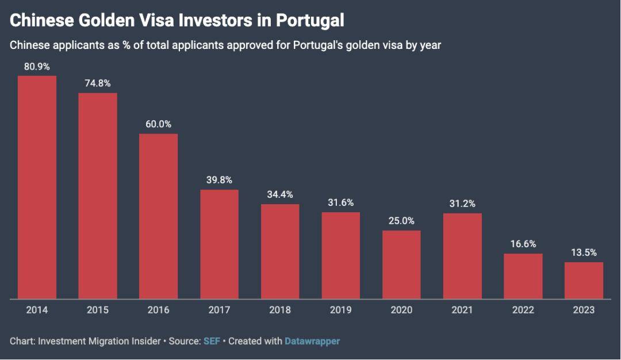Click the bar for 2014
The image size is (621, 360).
point(37,187)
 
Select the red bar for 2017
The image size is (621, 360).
point(219,244)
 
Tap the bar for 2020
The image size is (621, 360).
point(401,265)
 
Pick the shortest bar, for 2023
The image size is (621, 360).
point(584,281)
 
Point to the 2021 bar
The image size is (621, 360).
point(462,256)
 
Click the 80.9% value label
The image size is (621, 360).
point(37,66)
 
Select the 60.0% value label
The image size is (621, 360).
point(158,124)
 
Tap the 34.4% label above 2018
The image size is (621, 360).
point(280,194)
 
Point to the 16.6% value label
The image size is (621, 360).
point(523,244)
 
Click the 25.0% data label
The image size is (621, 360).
point(401,221)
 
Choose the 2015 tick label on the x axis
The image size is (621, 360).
point(98,310)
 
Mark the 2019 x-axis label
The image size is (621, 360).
point(341,310)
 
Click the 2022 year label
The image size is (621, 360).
point(523,310)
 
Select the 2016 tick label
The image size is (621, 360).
point(158,310)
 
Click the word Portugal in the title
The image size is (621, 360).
point(310,21)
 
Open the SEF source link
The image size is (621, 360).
point(211,341)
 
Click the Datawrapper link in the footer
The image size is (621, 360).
point(312,341)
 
